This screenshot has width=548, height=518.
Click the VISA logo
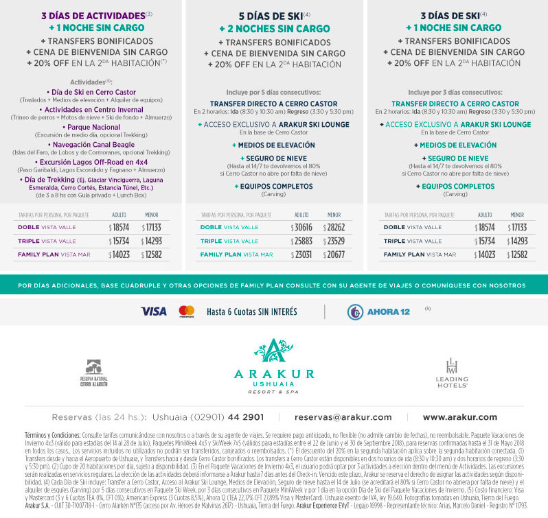coord(153,311)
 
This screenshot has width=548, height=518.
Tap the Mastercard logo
coord(186,311)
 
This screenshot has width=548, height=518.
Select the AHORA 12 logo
coord(379,311)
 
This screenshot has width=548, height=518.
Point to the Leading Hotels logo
coord(452,373)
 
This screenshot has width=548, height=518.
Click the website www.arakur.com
coord(459,417)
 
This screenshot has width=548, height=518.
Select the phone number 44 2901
coord(244,417)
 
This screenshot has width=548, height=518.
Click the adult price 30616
coord(301,227)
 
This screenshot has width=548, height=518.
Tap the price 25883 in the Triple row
coord(301,241)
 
